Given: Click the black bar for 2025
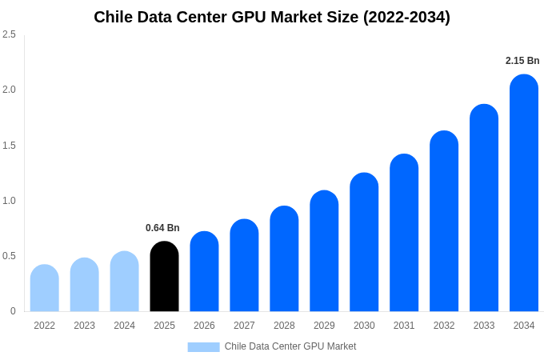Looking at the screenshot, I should (x=164, y=277).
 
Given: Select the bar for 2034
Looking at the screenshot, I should (x=524, y=194).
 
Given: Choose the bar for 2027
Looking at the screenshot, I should (x=244, y=266).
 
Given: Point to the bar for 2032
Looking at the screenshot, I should (x=444, y=222).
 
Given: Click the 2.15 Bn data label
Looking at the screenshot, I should (x=522, y=61).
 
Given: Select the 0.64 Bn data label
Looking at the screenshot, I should (x=162, y=228).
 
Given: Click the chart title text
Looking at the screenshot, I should (x=272, y=17).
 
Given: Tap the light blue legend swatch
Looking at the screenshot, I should (x=203, y=346).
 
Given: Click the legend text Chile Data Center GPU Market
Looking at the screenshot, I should (x=290, y=346).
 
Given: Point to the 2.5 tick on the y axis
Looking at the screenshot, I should (x=9, y=34).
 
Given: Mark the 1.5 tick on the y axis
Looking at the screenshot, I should (x=9, y=145).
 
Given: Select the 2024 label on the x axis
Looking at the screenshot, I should (x=124, y=326).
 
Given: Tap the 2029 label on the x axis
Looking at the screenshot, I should (x=324, y=326).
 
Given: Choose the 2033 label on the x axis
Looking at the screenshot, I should (x=484, y=326).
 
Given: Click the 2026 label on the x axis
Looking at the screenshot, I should (x=204, y=326).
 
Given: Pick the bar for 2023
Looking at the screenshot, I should (x=84, y=285).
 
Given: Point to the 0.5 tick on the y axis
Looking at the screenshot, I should (x=9, y=256).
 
